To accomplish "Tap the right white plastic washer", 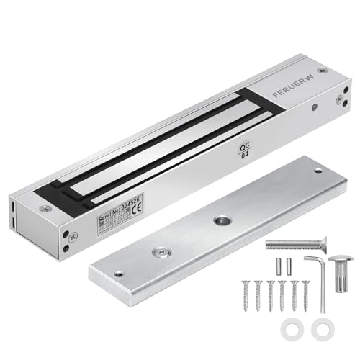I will (320, 326).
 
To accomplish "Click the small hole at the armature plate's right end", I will (318, 171).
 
